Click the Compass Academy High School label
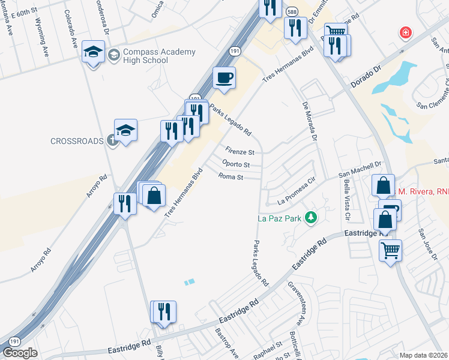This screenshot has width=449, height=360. tap(159, 56)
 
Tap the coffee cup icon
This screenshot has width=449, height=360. tap(224, 79)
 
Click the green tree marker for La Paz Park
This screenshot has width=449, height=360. tap(310, 217)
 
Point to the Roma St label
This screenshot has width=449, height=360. tap(231, 177)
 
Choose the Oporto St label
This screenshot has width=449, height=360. tap(235, 164)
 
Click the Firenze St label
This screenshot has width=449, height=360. tap(240, 151)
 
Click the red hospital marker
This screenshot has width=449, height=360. tap(406, 32)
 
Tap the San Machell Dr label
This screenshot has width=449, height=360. tap(360, 169)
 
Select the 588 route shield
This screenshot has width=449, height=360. tap(292, 11)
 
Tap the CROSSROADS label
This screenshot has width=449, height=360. tap(77, 141)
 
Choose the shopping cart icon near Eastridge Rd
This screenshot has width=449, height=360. tap(391, 249)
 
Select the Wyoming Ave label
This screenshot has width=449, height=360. tap(43, 36)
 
